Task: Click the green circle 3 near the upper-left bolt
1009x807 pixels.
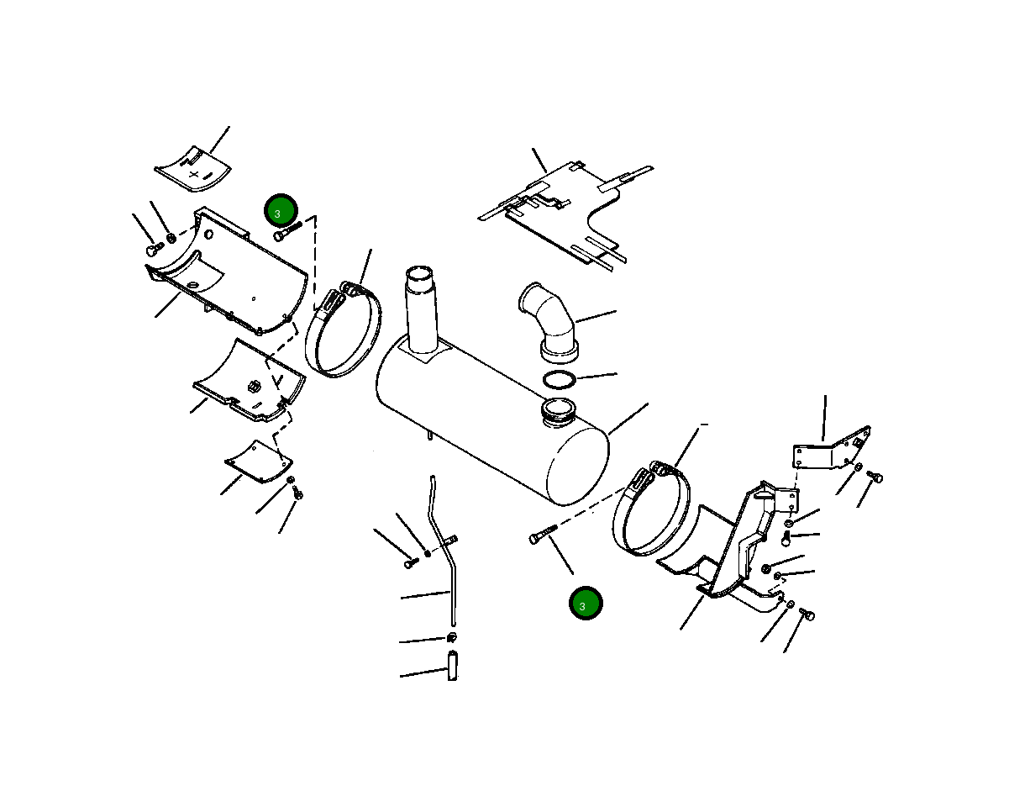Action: (x=281, y=211)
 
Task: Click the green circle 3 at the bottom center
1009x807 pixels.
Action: (x=586, y=603)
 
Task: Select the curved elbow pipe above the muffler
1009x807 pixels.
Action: (x=549, y=322)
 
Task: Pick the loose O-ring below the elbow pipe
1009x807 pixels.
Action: (x=560, y=380)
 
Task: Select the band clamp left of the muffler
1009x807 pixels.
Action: (x=344, y=330)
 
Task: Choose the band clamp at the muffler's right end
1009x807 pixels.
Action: (x=651, y=509)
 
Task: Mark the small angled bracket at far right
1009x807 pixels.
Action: (x=832, y=448)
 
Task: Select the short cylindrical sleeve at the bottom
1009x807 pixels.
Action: (x=453, y=665)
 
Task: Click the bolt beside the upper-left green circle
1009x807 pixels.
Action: (x=287, y=231)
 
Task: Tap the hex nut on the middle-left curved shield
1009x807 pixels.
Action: (x=254, y=387)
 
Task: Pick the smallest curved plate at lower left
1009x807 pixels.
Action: (x=259, y=462)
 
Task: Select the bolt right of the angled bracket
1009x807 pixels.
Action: (x=875, y=477)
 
